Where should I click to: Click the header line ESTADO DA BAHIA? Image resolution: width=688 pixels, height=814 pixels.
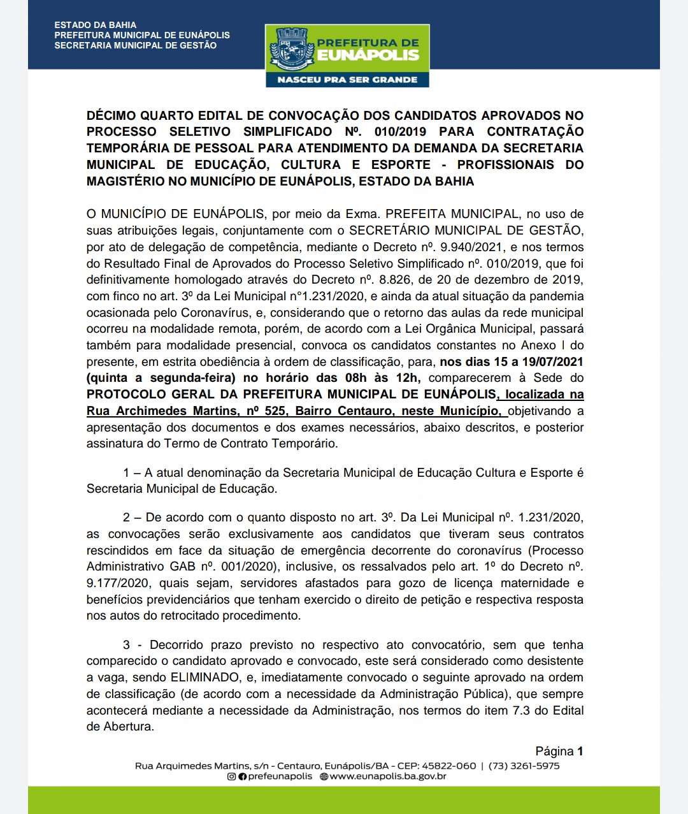[x=96, y=25]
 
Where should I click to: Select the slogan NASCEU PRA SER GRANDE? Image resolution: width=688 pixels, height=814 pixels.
[x=347, y=80]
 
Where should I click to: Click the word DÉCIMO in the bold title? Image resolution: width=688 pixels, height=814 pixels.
[x=111, y=115]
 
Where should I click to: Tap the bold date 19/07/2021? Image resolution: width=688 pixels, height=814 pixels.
[x=552, y=362]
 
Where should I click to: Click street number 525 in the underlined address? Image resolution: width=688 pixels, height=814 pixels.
[x=275, y=411]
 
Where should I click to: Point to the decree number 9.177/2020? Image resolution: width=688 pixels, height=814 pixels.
[x=118, y=583]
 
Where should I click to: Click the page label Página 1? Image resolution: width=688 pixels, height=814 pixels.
[x=559, y=752]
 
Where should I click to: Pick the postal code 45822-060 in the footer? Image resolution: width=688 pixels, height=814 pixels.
[x=448, y=766]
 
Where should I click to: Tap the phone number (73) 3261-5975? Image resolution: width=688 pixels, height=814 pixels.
[x=524, y=766]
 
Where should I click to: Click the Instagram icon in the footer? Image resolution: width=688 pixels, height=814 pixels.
[x=232, y=776]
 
